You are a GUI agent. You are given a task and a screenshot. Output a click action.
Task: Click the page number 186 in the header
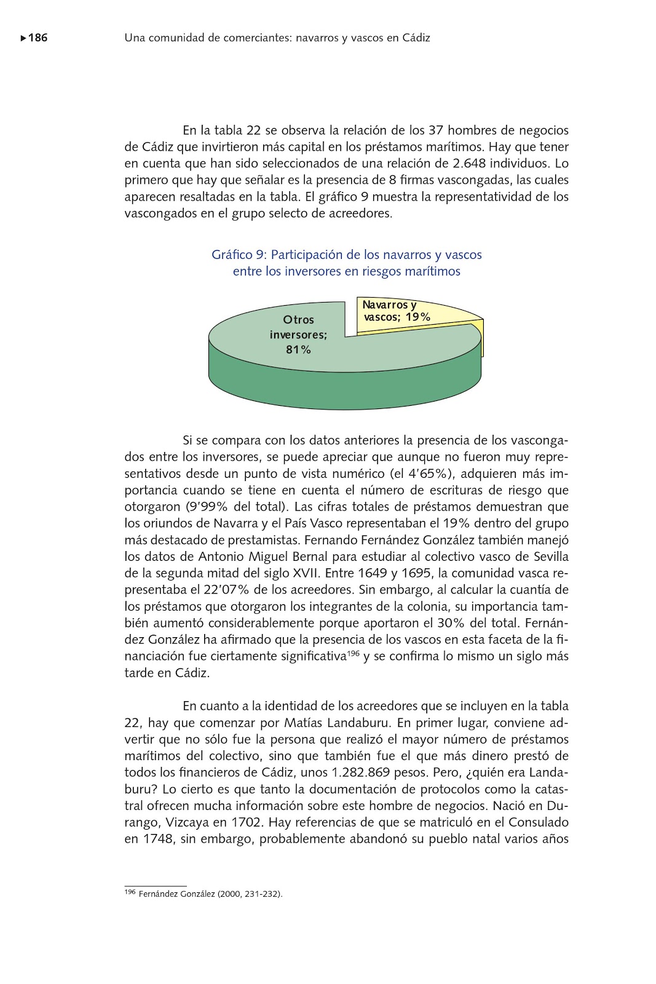coord(38,38)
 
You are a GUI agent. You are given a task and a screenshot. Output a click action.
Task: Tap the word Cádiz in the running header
coord(416,38)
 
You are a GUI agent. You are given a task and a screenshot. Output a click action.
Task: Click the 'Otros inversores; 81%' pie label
coord(299,335)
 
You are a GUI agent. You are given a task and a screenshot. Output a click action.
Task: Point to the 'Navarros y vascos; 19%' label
coord(396,311)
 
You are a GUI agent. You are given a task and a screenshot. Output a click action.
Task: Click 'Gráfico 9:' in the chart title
coord(239,255)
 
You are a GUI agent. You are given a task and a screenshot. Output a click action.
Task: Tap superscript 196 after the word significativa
coord(354,653)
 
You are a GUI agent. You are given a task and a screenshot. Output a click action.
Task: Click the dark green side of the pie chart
coord(344,391)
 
